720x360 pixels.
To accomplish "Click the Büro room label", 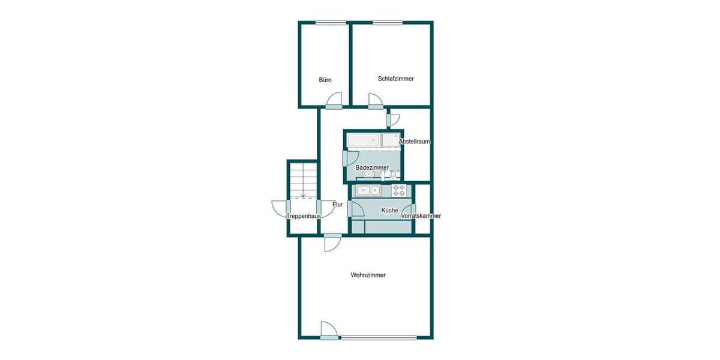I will click(325, 80).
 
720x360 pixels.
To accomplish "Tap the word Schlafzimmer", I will click(395, 79).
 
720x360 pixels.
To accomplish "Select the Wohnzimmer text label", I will click(368, 275).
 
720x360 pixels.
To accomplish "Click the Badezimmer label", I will click(372, 167).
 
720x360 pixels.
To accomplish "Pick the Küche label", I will click(389, 211).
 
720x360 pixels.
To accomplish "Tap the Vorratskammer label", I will click(421, 216).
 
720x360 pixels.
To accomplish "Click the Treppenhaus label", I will click(303, 216).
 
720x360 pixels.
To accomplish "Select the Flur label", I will click(337, 205).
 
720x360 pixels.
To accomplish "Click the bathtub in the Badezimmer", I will click(364, 140).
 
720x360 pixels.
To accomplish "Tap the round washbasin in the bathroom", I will click(368, 175).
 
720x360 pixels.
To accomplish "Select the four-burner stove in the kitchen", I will click(400, 191).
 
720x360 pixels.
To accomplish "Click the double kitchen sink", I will click(367, 191).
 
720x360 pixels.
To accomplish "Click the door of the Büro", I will click(335, 101).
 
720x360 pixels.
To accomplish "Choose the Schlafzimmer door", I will click(375, 101).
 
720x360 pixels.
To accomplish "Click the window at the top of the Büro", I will click(331, 23).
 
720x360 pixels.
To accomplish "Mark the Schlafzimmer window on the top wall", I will click(388, 23).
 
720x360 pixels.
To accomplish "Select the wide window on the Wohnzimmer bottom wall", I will click(378, 338).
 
